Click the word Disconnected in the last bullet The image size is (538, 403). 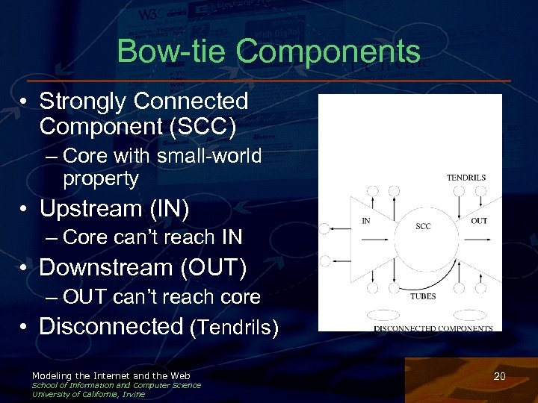[x=111, y=326]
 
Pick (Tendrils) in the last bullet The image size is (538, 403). [x=235, y=328]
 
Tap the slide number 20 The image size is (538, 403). [x=500, y=377]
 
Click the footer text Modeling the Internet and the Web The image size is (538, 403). [x=111, y=375]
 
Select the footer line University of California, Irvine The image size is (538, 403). [x=88, y=394]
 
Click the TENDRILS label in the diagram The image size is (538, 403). [x=466, y=178]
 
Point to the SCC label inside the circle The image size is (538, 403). [x=423, y=226]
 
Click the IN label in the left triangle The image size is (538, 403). [x=366, y=221]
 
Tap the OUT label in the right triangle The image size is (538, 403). [x=479, y=221]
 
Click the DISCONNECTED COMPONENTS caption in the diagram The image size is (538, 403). [x=433, y=328]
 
